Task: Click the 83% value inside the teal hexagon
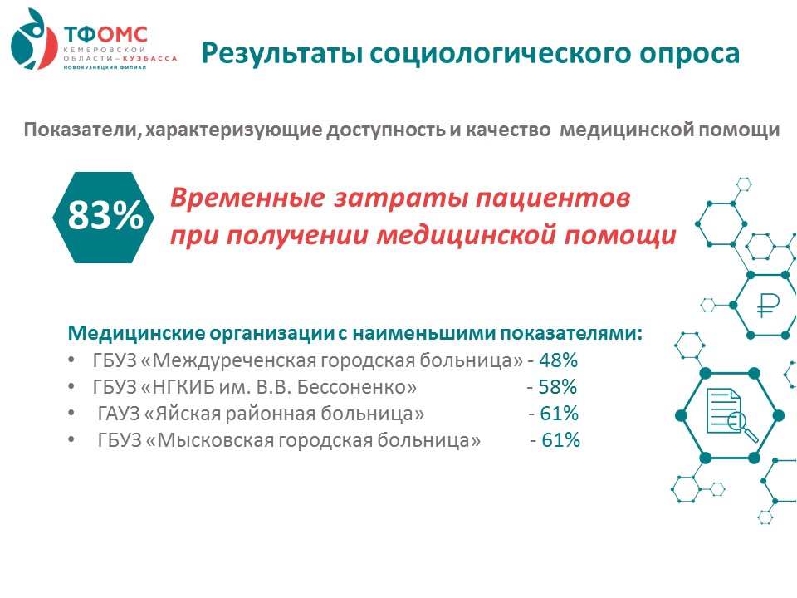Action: pyautogui.click(x=105, y=215)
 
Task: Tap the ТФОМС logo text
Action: pyautogui.click(x=105, y=35)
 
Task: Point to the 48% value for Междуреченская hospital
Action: pyautogui.click(x=558, y=360)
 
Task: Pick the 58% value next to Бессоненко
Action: pyautogui.click(x=558, y=387)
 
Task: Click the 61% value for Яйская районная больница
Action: pyautogui.click(x=559, y=414)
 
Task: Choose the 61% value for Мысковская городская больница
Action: pyautogui.click(x=560, y=440)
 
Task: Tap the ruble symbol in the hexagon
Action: pyautogui.click(x=767, y=306)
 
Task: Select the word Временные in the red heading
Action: pyautogui.click(x=247, y=198)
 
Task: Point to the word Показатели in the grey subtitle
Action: pyautogui.click(x=82, y=130)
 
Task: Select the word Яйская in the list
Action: pyautogui.click(x=187, y=414)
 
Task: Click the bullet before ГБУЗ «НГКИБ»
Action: pyautogui.click(x=71, y=387)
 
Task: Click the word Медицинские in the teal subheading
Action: pyautogui.click(x=136, y=334)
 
